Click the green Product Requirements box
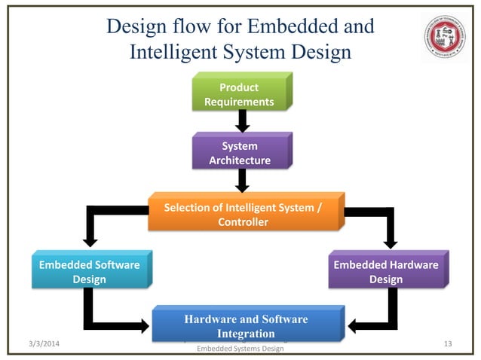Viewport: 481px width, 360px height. coord(242,94)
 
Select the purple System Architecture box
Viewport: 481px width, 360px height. coord(242,153)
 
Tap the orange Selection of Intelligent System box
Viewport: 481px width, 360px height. coord(243,215)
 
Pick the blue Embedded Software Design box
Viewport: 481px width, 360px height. coord(89,272)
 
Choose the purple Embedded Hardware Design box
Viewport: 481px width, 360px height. coord(385,272)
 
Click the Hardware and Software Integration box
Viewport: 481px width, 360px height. coord(246,325)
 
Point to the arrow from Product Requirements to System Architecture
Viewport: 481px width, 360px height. coord(242,121)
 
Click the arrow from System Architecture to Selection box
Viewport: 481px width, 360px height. coord(242,180)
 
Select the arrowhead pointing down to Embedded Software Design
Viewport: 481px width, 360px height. coord(90,240)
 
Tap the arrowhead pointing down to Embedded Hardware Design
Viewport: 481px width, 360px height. coord(391,240)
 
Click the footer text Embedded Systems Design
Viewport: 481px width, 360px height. coord(240,349)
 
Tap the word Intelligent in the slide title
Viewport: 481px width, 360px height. coord(177,53)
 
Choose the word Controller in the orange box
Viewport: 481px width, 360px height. coord(243,222)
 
